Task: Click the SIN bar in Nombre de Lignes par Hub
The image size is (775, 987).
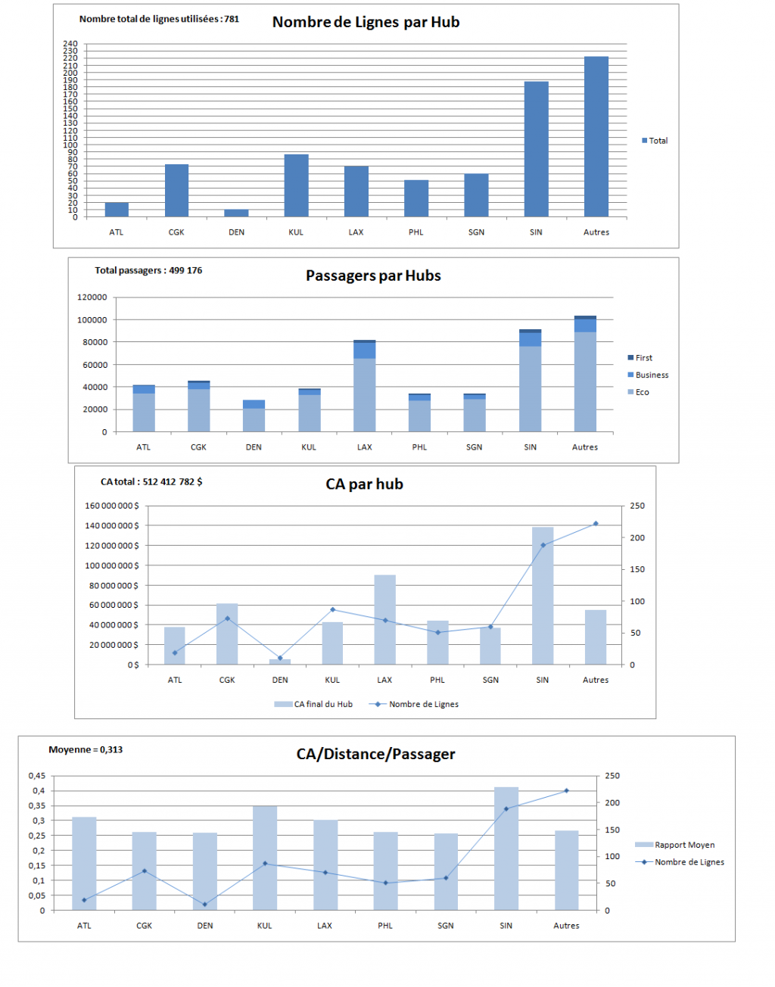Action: (x=536, y=149)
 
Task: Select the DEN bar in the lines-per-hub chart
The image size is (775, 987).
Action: (x=237, y=213)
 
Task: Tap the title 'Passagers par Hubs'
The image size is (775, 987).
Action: (x=373, y=276)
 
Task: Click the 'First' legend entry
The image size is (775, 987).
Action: (x=640, y=358)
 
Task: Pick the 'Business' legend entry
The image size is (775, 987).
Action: (x=648, y=375)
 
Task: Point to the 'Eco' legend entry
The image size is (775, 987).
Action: (x=638, y=392)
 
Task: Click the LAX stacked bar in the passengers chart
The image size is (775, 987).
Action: (x=365, y=385)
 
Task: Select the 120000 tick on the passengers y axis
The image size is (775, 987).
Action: (x=92, y=297)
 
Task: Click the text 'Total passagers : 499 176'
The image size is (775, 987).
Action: (x=148, y=270)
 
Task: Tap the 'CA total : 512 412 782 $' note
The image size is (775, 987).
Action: (x=151, y=481)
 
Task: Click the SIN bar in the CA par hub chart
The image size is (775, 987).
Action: (x=543, y=596)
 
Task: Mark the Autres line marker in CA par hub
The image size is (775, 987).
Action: (x=596, y=524)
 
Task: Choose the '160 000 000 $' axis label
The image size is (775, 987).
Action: (x=112, y=506)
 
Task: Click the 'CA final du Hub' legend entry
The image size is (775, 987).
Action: (x=313, y=704)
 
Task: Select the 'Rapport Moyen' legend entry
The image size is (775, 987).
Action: (x=674, y=845)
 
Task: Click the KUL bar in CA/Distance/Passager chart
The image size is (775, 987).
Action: (x=265, y=858)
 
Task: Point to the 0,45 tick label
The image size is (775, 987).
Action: (x=37, y=776)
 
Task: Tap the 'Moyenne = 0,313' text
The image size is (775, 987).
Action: (x=86, y=749)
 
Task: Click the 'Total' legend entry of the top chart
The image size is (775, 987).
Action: (x=655, y=141)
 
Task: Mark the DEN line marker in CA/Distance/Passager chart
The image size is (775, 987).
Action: (x=205, y=904)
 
